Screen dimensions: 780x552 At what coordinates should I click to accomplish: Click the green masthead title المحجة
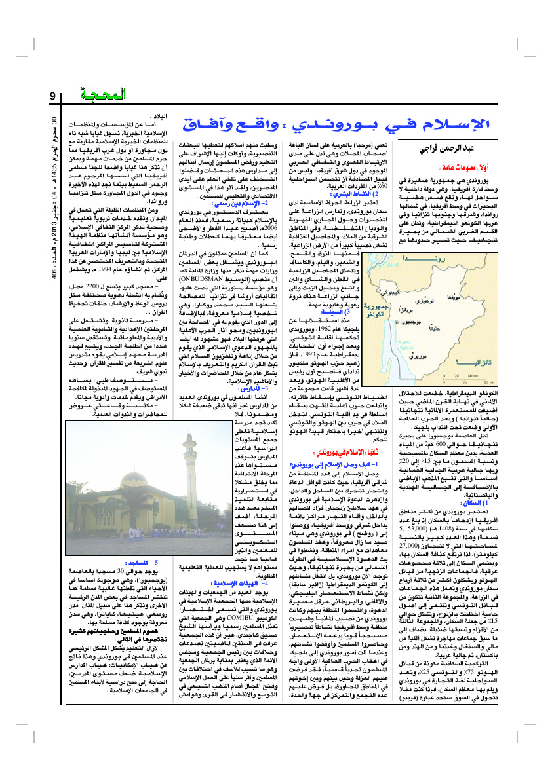[104, 96]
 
